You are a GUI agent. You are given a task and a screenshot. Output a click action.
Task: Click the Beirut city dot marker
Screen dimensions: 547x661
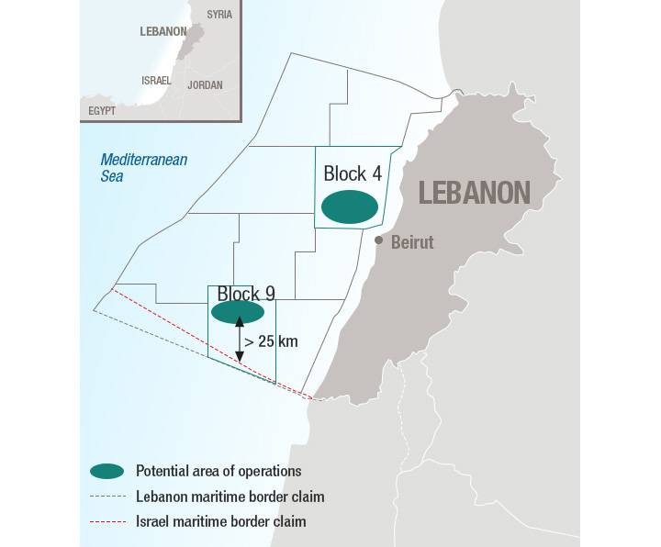(378, 240)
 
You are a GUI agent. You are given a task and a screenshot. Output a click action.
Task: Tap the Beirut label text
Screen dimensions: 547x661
(412, 243)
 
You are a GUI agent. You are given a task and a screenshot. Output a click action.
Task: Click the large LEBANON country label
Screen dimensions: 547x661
(475, 193)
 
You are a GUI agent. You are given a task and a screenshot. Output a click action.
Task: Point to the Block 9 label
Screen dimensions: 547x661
(246, 294)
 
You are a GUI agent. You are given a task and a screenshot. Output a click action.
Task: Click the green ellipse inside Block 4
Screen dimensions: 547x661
(349, 207)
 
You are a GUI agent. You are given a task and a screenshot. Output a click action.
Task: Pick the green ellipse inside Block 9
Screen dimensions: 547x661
(238, 312)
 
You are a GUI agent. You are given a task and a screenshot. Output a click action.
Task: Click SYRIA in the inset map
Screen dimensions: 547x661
(219, 15)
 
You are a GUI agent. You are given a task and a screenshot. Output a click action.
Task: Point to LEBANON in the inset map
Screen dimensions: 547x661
(162, 30)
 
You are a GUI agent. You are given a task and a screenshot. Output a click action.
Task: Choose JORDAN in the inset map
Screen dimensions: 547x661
(205, 84)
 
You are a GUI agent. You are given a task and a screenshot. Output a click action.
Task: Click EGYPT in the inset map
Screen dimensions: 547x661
(102, 110)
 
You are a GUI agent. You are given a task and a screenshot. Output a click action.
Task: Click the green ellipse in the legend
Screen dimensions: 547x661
(106, 471)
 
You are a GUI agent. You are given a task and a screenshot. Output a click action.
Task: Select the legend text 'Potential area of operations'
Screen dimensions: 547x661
(218, 471)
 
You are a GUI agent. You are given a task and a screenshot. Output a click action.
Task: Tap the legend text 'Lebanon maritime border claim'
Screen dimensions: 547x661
(230, 497)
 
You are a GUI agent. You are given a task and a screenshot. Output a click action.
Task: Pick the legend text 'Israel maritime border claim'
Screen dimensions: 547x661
(220, 521)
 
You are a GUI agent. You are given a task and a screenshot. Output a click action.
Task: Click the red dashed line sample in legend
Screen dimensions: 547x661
(106, 521)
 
